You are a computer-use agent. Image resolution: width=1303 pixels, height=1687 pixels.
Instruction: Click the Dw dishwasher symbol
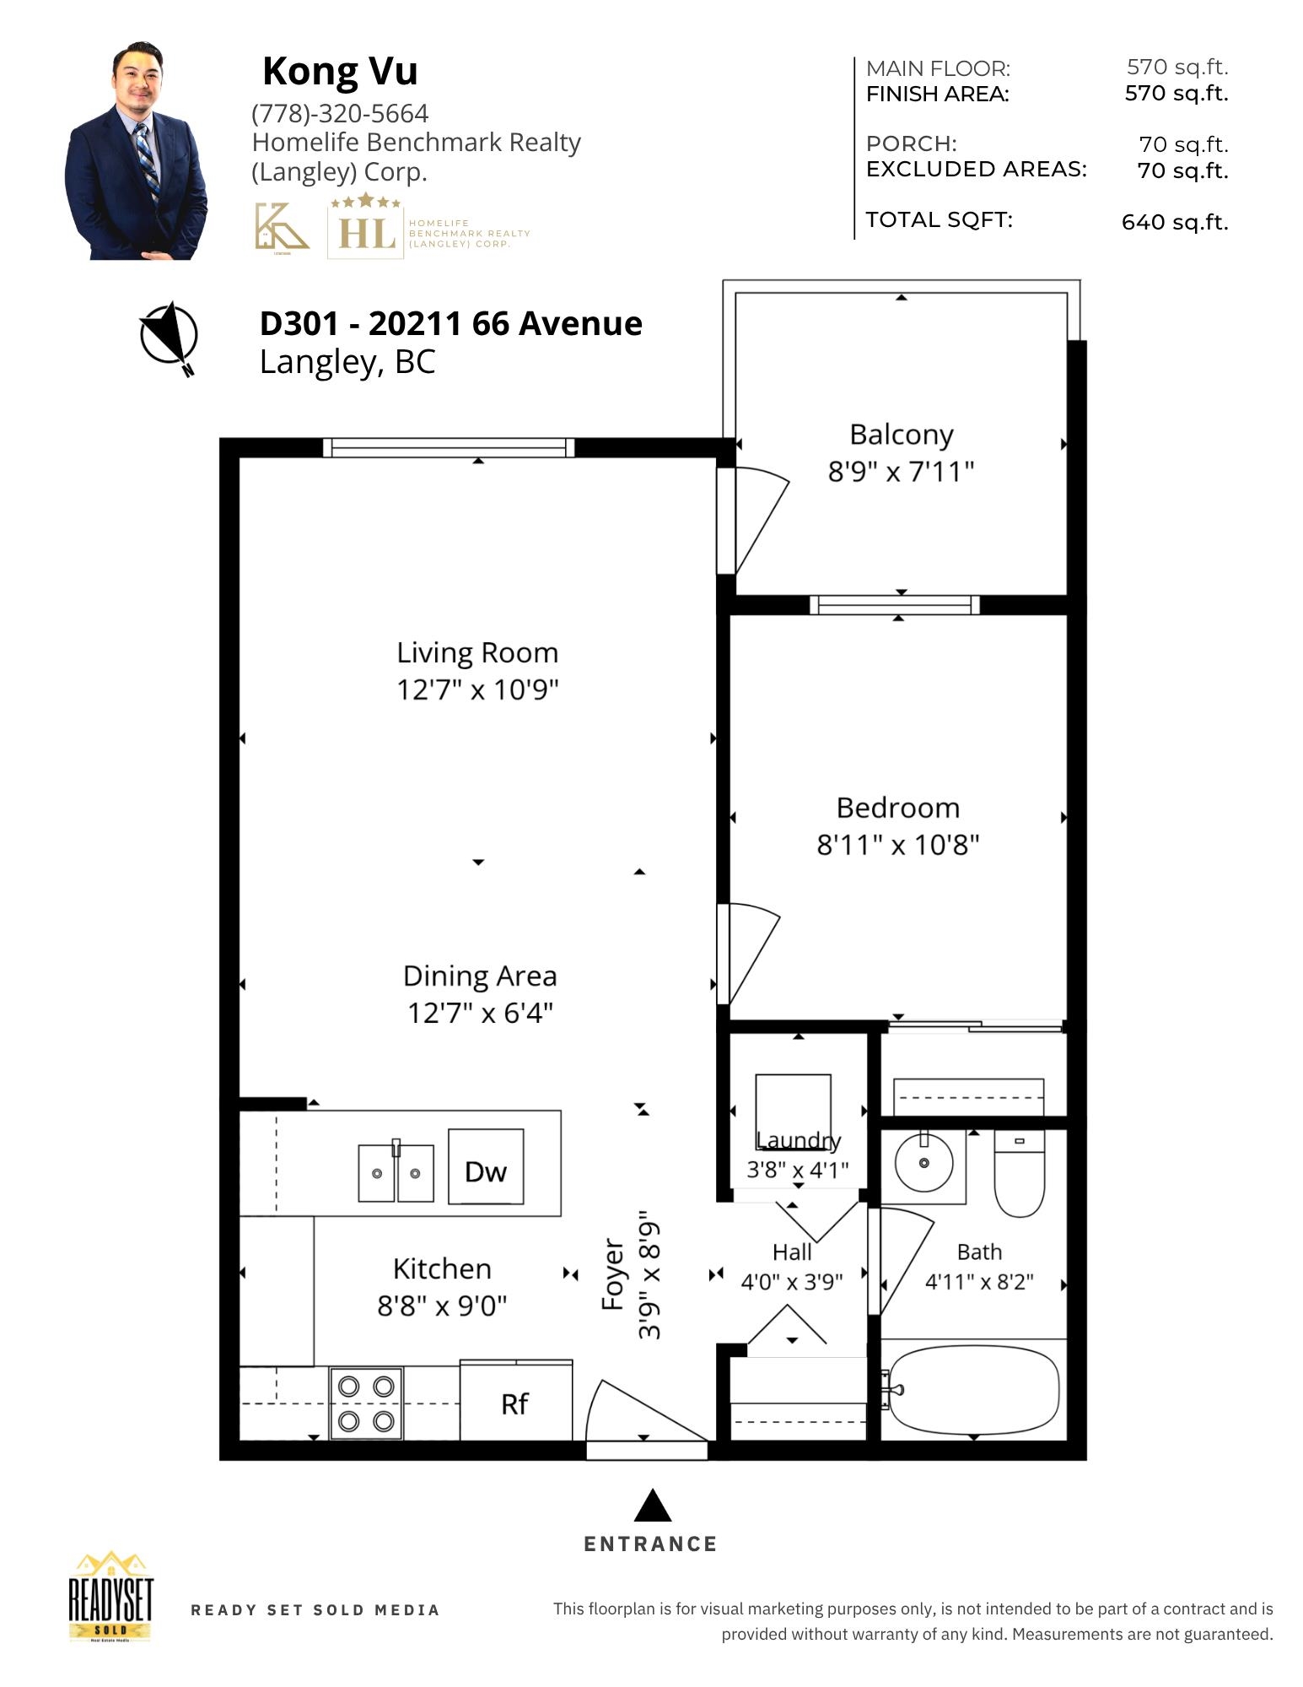pos(485,1165)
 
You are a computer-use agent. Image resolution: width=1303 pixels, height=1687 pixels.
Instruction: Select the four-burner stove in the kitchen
pos(367,1403)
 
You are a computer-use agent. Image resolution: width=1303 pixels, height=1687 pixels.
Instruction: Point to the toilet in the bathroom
pos(1020,1173)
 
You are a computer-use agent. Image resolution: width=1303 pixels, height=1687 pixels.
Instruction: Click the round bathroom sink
pos(923,1163)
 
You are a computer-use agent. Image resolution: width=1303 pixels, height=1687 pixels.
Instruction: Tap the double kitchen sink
pos(396,1172)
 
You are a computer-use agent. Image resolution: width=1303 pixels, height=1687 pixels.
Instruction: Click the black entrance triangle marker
pos(652,1506)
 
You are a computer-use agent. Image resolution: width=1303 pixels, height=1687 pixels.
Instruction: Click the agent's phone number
pos(340,113)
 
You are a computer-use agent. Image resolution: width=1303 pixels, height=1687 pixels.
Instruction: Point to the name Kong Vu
pos(340,71)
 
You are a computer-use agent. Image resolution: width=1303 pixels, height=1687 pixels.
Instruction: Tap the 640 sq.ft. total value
pos(1175,222)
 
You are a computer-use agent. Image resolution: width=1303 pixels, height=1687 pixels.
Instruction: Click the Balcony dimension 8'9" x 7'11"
pos(901,471)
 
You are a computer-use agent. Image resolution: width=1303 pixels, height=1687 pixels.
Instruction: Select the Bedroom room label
pos(898,808)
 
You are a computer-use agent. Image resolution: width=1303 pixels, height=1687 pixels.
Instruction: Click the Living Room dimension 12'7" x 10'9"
pos(478,689)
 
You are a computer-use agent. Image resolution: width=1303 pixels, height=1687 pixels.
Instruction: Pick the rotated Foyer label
pos(613,1274)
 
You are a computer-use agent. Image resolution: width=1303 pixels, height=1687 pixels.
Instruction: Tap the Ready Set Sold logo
pos(111,1597)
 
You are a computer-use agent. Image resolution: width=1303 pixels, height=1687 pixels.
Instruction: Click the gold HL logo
pos(366,227)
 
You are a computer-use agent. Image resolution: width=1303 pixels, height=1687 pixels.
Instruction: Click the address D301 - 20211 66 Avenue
pos(451,323)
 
